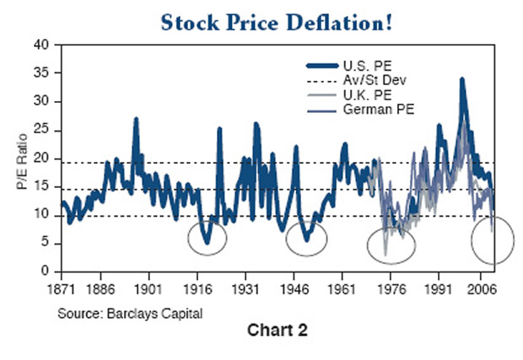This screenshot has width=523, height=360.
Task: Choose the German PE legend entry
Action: (x=371, y=110)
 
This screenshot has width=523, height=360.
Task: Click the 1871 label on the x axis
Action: (x=62, y=287)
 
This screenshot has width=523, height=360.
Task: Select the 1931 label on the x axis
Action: (x=245, y=287)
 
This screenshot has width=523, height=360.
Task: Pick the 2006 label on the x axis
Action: (x=482, y=287)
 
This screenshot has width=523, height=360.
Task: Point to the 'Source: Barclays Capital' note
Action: (x=130, y=314)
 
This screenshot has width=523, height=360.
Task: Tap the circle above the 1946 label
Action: (x=305, y=237)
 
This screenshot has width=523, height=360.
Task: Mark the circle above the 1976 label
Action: (x=391, y=244)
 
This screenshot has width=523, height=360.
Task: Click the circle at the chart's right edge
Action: (x=493, y=239)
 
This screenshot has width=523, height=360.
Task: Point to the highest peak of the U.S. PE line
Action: (x=461, y=79)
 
